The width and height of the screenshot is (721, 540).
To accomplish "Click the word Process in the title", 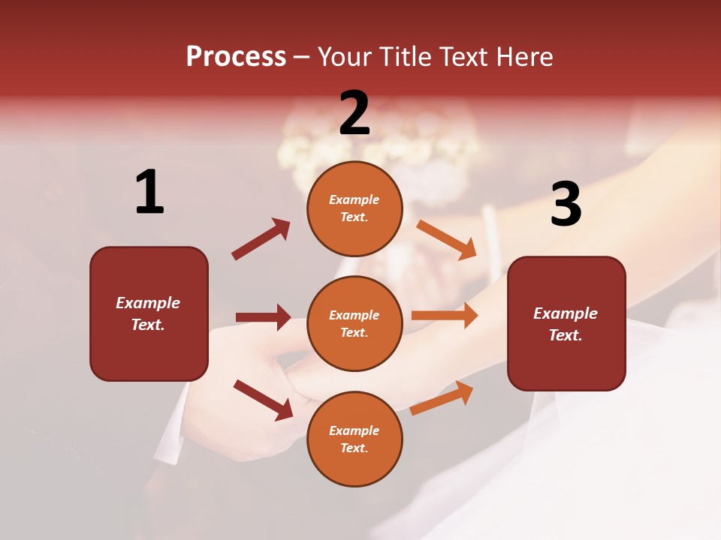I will [236, 57].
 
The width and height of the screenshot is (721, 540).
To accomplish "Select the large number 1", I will [149, 193].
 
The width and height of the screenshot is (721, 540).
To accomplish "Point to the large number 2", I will [354, 113].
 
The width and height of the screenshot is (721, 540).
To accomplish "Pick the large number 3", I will [566, 205].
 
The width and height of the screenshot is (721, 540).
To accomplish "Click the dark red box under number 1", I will [149, 313].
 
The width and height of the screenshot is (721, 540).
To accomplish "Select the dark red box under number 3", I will [566, 324].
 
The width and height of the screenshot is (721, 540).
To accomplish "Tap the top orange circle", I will [354, 208].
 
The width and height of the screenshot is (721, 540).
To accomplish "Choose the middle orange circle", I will [354, 323].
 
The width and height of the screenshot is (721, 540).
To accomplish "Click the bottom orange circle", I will [354, 439].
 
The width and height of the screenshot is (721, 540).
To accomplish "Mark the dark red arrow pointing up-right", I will [261, 238].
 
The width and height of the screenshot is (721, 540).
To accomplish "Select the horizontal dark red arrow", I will [263, 317].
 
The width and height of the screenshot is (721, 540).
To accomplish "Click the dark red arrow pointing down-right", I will [263, 399].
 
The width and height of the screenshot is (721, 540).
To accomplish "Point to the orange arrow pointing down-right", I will [447, 239].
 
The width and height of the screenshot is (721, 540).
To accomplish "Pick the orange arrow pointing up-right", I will [442, 397].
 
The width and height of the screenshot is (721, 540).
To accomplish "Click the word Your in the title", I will [344, 57].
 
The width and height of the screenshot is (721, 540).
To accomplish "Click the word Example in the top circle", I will [354, 200].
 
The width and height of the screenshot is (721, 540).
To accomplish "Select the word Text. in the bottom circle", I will [354, 448].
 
